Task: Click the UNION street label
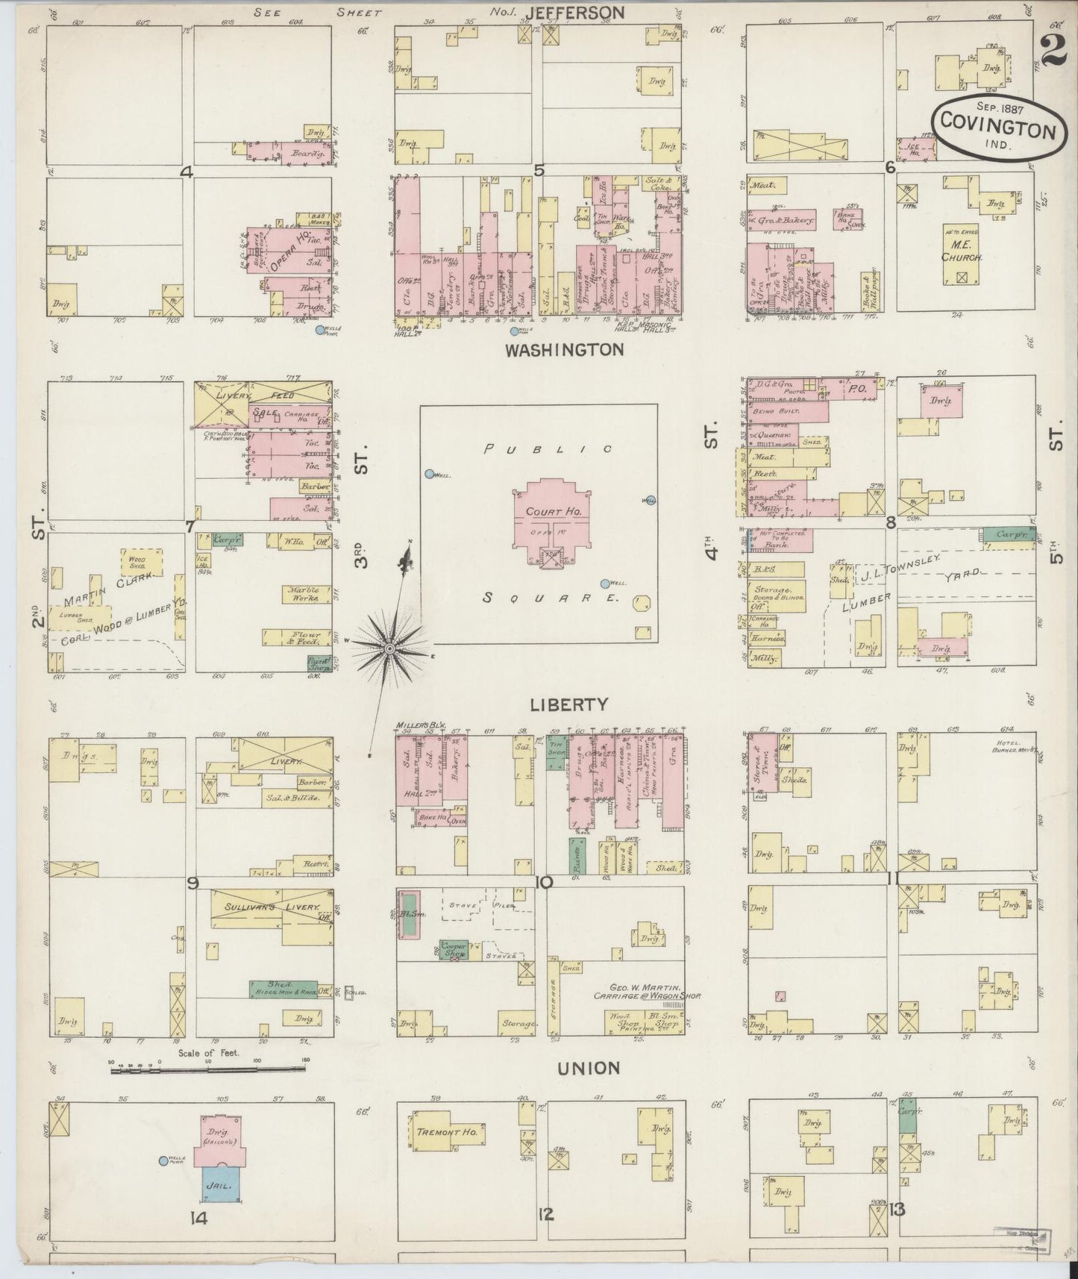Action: pos(589,1069)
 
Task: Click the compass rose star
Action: pos(389,649)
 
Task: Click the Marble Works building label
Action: pos(303,594)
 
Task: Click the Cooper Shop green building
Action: pos(454,948)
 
